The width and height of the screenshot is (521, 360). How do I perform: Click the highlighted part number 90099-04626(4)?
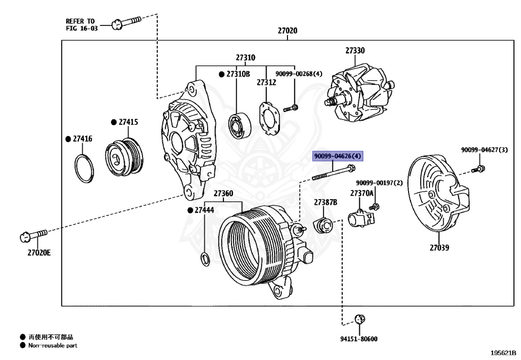pos(337,156)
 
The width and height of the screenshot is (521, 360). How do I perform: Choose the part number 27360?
pos(223,193)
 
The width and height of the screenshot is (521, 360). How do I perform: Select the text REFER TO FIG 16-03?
pos(80,24)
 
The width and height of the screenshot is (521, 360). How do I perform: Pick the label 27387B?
pos(325,202)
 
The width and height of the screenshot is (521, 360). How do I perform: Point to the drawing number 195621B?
pos(503,352)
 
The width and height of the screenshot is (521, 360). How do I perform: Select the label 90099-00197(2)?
pos(379,183)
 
